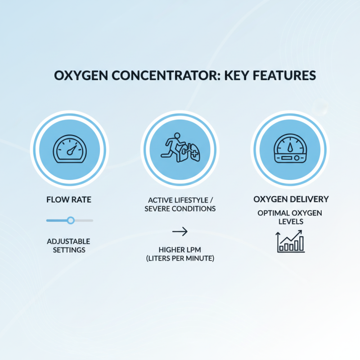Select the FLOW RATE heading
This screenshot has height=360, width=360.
pyautogui.click(x=69, y=199)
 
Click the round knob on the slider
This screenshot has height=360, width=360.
pyautogui.click(x=71, y=220)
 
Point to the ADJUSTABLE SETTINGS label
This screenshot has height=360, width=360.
pyautogui.click(x=69, y=245)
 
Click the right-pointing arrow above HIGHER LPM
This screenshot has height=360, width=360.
pyautogui.click(x=180, y=232)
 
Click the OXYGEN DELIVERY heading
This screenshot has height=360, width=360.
pyautogui.click(x=290, y=199)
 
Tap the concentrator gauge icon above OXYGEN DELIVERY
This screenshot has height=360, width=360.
pyautogui.click(x=290, y=148)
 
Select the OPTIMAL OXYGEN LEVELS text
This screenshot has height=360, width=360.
pyautogui.click(x=290, y=217)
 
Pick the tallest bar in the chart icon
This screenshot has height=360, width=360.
pyautogui.click(x=301, y=244)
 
